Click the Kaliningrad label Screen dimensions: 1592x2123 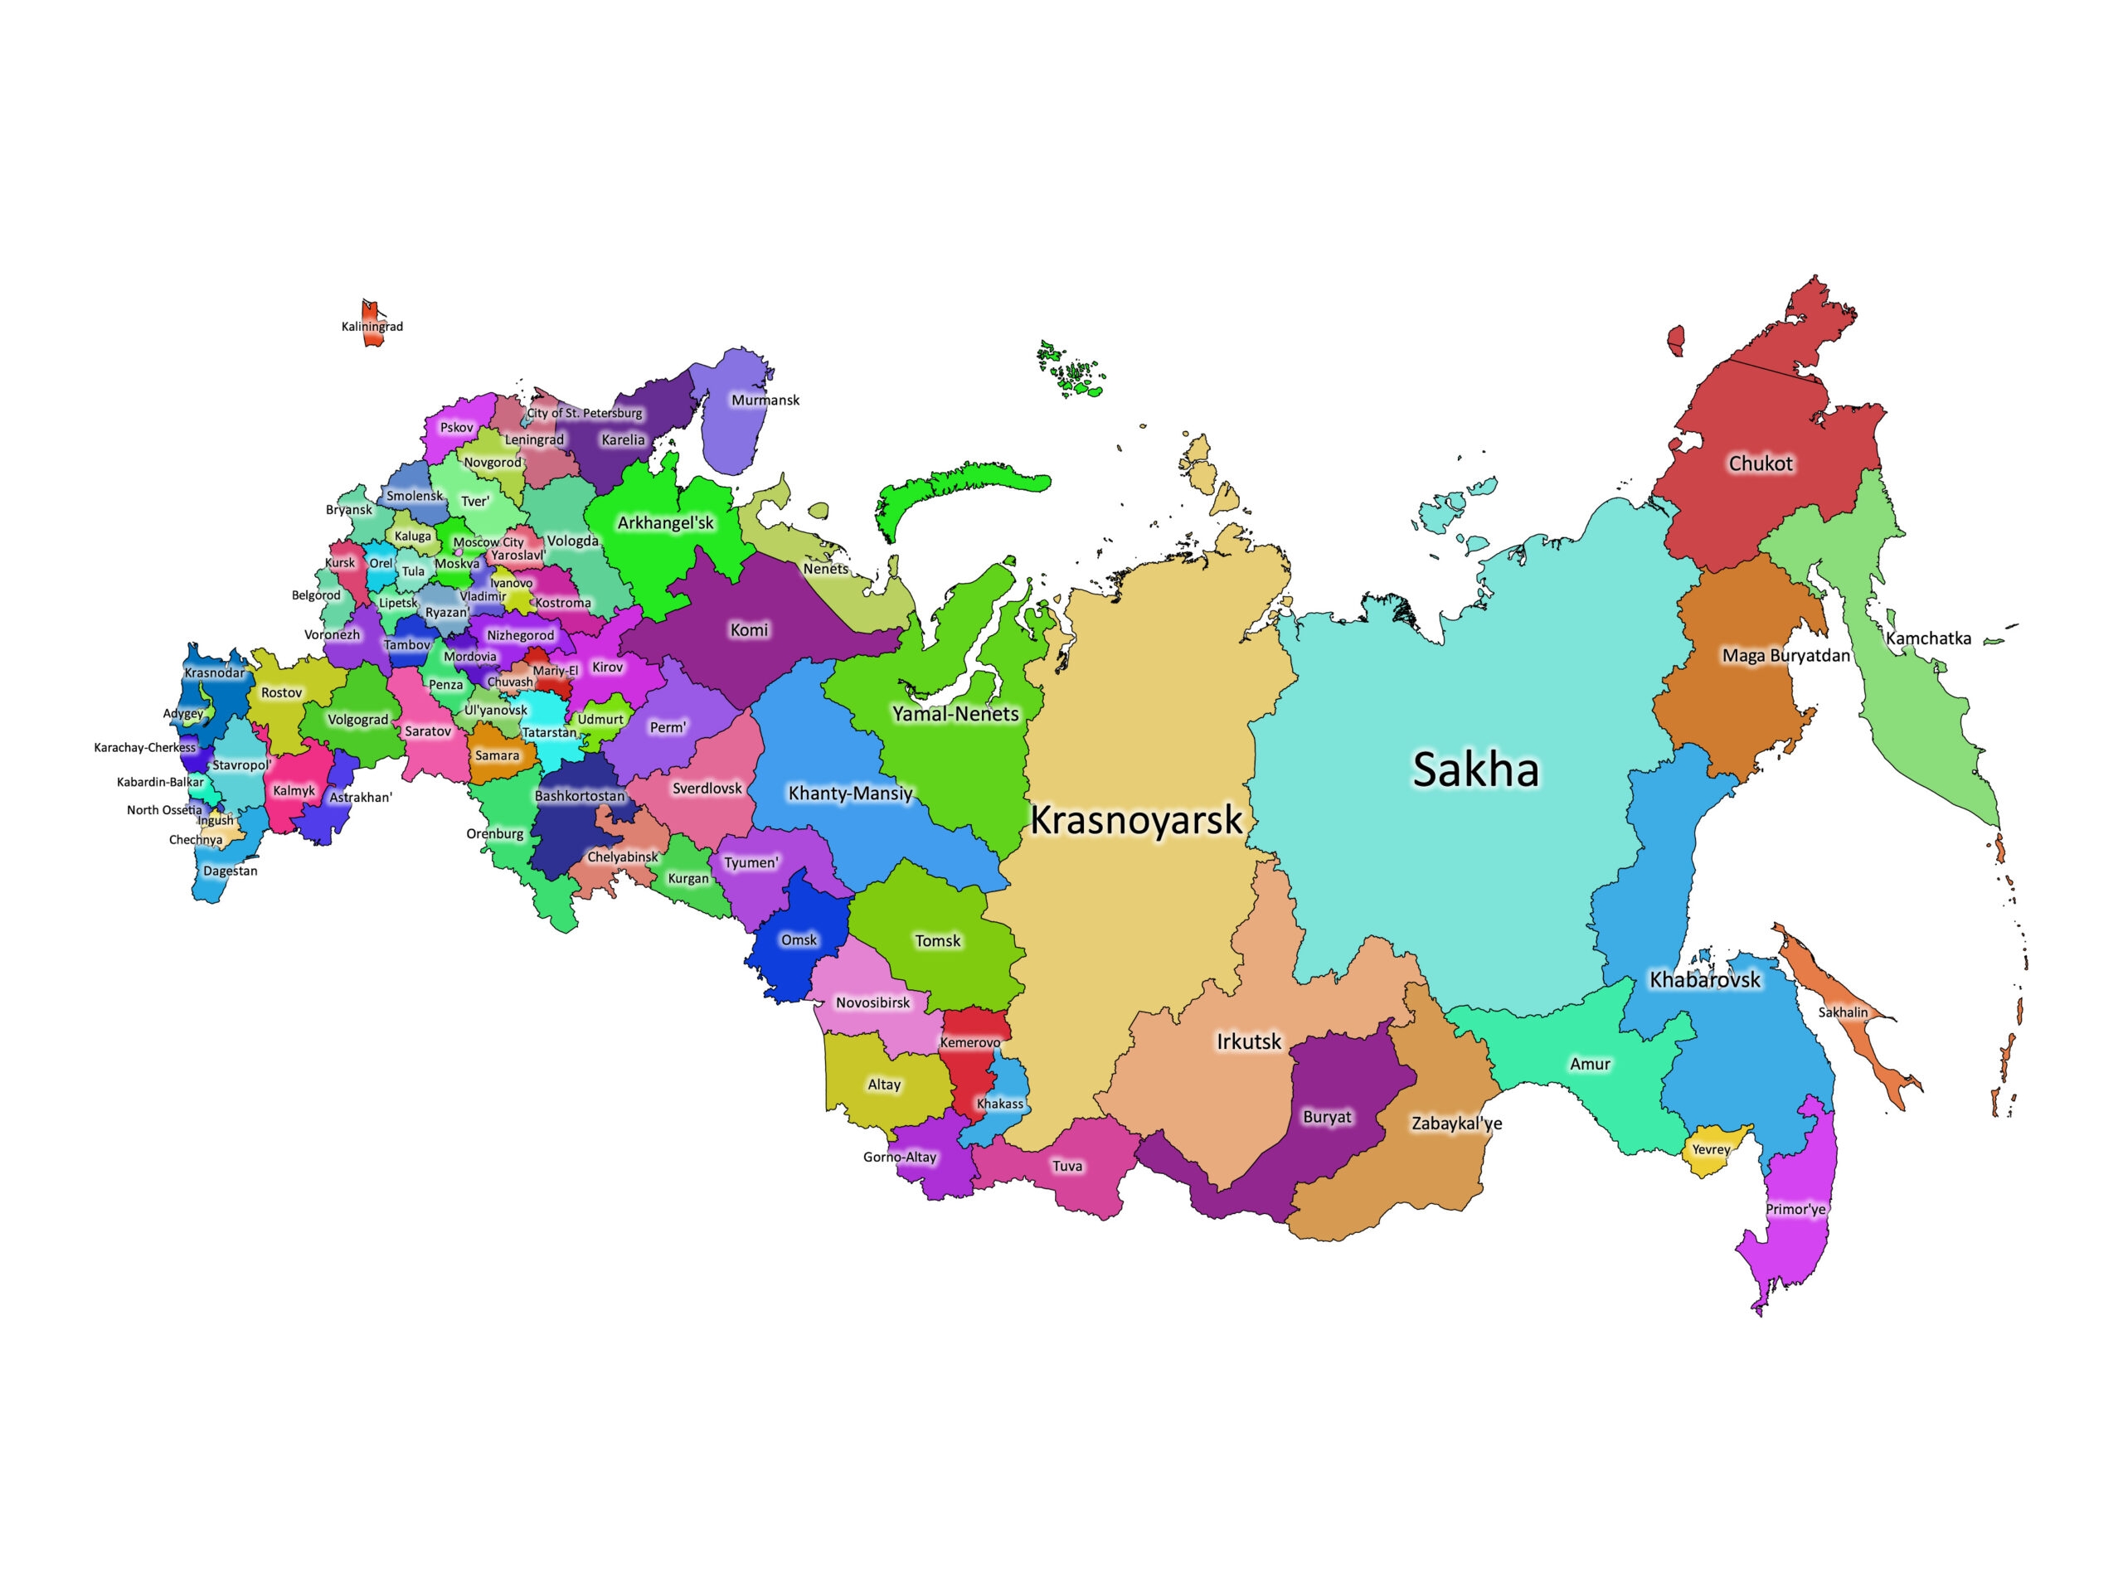(372, 326)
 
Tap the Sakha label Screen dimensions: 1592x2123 (1476, 769)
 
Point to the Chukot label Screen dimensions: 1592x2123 (1761, 464)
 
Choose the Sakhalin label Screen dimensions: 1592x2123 (1843, 1012)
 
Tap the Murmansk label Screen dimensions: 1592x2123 (765, 400)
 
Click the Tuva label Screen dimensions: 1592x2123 (1067, 1166)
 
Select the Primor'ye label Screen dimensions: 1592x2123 (1795, 1209)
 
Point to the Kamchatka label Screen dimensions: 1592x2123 (1928, 638)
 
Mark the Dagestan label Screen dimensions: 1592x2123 (231, 871)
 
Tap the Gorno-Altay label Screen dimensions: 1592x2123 (899, 1158)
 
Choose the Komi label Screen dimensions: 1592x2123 (749, 630)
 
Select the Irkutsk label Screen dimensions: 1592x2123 (1249, 1041)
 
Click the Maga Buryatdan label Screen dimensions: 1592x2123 (1785, 657)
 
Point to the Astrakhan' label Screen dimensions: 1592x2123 (361, 798)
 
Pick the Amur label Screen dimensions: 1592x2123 (1590, 1064)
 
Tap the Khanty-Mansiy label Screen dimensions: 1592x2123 (850, 794)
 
